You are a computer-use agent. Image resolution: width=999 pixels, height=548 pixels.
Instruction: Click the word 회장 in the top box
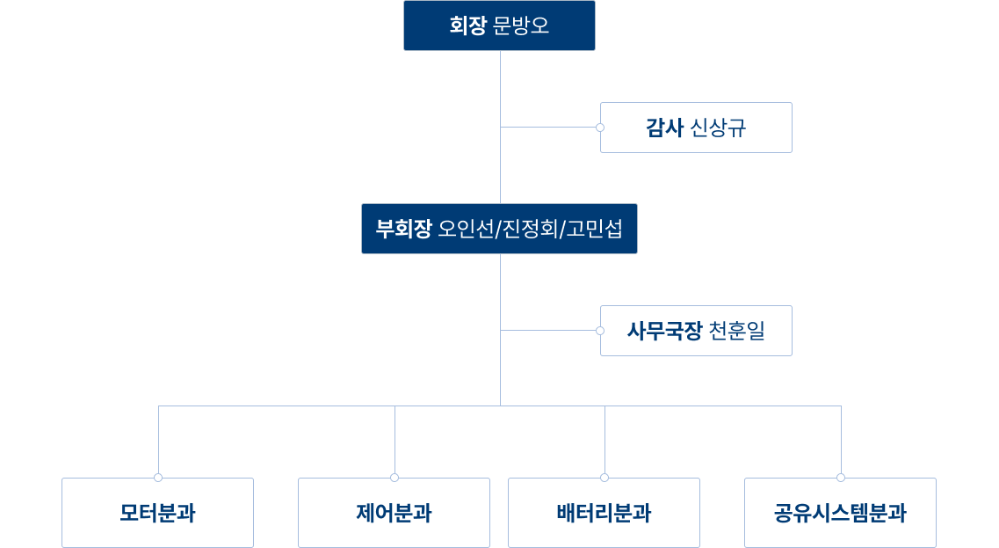pos(467,26)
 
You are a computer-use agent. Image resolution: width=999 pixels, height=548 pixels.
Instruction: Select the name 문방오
pos(521,26)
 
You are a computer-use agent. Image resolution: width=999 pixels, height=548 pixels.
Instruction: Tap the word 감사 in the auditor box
pos(664,128)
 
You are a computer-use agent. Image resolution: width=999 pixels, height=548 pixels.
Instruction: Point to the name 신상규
pos(719,128)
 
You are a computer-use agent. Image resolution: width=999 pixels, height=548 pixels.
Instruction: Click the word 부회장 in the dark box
pos(403,229)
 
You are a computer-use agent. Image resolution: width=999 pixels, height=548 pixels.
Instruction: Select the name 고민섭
pos(594,229)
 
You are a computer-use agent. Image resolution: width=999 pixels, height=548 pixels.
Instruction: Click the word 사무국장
pos(664,331)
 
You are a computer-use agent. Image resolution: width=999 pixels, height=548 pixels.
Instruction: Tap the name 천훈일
pos(736,331)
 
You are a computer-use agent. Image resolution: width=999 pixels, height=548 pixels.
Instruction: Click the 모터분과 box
pos(157,513)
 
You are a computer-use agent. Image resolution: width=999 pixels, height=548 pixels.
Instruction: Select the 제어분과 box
pos(394,513)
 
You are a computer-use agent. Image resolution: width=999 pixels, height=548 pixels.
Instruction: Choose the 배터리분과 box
pos(604,513)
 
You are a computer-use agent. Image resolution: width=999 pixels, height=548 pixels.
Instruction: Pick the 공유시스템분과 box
pos(840,513)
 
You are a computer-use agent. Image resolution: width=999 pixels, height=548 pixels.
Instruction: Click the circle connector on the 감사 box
pos(600,128)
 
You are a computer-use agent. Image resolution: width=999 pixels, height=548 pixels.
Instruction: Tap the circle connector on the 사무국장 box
pos(600,331)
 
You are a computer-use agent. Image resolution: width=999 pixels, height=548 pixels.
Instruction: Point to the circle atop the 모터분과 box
pos(158,478)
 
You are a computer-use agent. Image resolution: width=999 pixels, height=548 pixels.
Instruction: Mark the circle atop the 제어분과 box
pos(395,478)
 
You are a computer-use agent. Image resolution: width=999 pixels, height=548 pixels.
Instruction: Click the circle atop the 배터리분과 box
pos(604,478)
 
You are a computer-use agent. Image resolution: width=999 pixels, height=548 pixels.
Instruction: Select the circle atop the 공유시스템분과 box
pos(841,478)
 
